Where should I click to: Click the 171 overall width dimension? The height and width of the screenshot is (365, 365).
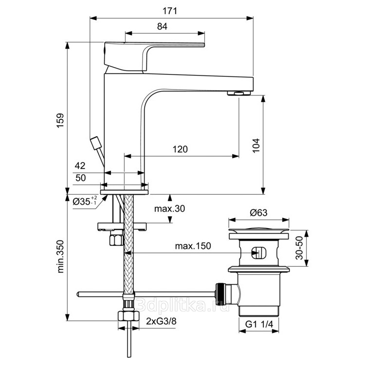pos(170,11)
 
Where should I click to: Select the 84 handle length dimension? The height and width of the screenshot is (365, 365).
pos(162,27)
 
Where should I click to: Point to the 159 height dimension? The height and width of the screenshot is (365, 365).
pos(60,120)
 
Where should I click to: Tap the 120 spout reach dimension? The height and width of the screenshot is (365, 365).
pos(180,149)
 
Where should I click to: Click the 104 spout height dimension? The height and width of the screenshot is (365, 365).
pos(256,146)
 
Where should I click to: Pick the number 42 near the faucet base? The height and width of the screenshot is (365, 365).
pos(80,166)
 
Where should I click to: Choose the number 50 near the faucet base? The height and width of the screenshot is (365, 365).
pos(80,178)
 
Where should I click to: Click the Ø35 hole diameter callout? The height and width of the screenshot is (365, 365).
pos(85,201)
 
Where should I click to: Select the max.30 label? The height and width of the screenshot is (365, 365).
pos(169,209)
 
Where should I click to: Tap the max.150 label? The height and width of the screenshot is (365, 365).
pos(193,246)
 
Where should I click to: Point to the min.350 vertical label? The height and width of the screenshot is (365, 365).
pos(60,256)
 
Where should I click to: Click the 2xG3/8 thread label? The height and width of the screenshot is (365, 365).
pos(161,322)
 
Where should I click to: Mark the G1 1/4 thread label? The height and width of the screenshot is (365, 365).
pos(259,324)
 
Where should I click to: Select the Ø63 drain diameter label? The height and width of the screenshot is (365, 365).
pos(259,212)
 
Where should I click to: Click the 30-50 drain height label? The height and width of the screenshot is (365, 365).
pos(299,248)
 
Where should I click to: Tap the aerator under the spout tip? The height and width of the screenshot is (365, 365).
pos(239,93)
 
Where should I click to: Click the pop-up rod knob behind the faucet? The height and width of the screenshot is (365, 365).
pos(96,143)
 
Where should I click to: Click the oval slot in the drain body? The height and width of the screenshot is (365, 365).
pos(258,252)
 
